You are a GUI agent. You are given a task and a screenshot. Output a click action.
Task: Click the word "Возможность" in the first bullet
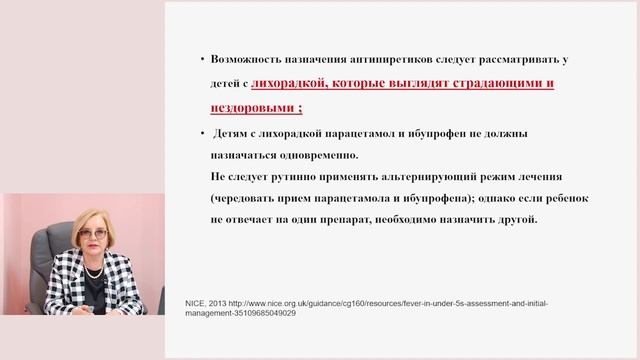tap(247, 62)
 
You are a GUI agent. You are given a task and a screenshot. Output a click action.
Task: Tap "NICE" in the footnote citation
tap(194, 301)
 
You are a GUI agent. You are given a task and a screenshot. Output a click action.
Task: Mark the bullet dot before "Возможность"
tap(202, 63)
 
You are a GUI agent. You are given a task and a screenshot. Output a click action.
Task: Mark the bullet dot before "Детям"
tap(202, 134)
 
